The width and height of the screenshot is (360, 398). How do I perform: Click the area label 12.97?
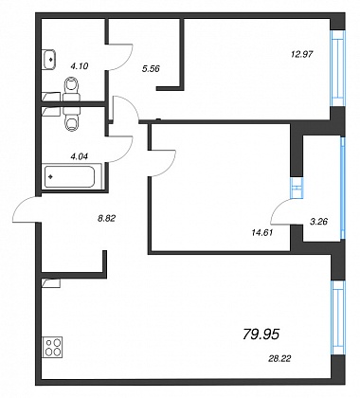click(x=301, y=54)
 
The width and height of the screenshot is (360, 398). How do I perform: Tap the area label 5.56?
click(x=151, y=68)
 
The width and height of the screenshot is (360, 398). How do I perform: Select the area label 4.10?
click(x=80, y=66)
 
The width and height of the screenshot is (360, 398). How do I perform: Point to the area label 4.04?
click(x=80, y=155)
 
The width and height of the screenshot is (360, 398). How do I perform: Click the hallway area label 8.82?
click(x=106, y=218)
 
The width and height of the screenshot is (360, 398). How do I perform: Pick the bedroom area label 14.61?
click(x=262, y=233)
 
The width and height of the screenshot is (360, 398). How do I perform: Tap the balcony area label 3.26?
click(x=318, y=222)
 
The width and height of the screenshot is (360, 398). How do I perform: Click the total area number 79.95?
click(x=261, y=335)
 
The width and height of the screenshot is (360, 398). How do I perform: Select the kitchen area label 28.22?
click(x=279, y=358)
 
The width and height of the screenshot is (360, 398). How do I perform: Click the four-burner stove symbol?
click(x=53, y=347)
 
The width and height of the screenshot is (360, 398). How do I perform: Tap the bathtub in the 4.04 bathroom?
click(x=72, y=176)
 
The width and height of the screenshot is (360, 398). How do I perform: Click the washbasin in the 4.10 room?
click(x=49, y=59)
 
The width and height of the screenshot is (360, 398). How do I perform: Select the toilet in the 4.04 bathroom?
click(x=72, y=119)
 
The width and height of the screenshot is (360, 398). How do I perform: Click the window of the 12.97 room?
click(x=337, y=68)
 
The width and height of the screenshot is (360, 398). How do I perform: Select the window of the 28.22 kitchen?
click(x=337, y=317)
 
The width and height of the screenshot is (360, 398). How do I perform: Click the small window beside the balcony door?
click(x=297, y=188)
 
